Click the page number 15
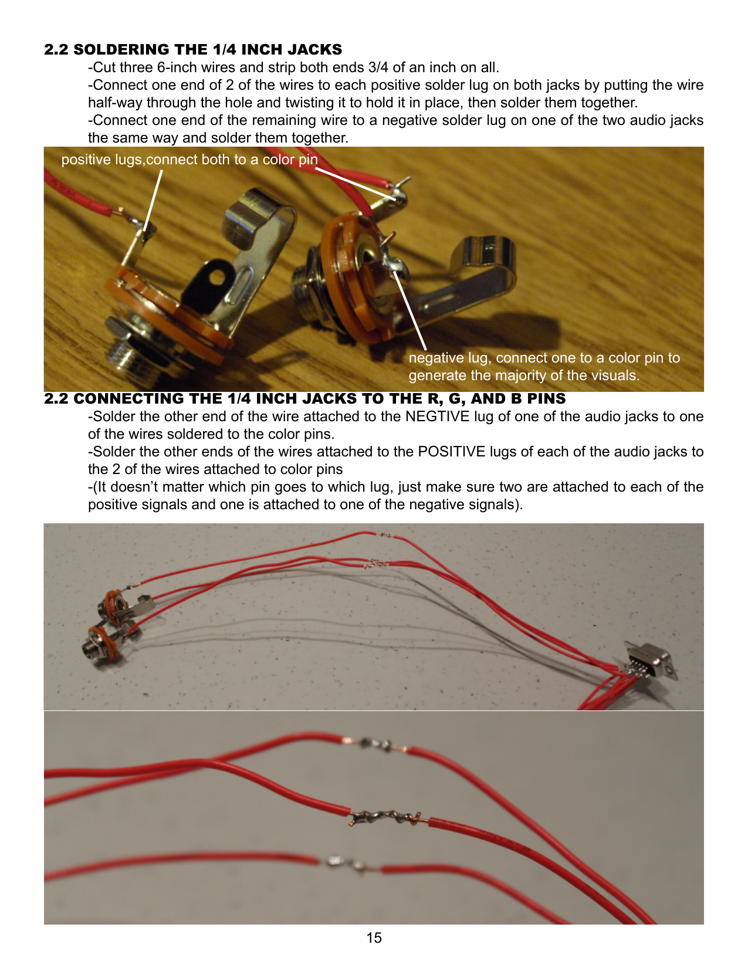click(374, 937)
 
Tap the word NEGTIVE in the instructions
click(437, 417)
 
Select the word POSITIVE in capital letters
click(451, 452)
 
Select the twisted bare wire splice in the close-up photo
click(385, 818)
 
